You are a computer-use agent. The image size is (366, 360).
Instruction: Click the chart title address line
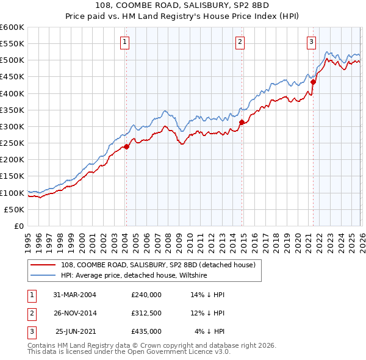click(x=183, y=5)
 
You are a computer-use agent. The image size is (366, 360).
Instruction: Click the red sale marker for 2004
click(x=127, y=146)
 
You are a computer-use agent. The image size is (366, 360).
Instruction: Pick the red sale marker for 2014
click(x=242, y=122)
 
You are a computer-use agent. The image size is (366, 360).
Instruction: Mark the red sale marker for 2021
click(x=313, y=82)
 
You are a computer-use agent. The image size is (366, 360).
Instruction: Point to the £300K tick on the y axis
click(x=12, y=126)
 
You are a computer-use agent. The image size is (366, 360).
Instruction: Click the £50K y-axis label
click(x=14, y=209)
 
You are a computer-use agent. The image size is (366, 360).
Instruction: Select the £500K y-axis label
click(x=12, y=60)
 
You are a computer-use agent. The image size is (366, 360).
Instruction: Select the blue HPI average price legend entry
click(x=134, y=275)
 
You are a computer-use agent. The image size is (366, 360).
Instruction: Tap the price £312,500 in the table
click(x=146, y=313)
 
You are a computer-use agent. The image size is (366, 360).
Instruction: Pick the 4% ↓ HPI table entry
click(x=210, y=331)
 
